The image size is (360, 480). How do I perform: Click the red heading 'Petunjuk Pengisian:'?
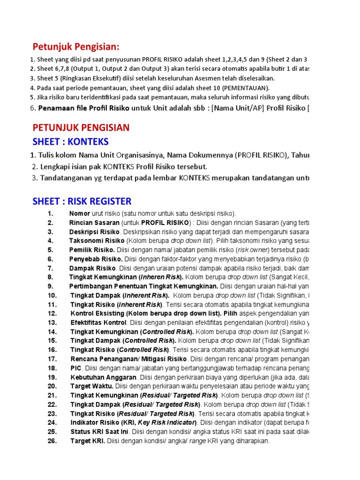point(76,47)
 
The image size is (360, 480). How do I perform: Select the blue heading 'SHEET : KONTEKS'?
point(71,142)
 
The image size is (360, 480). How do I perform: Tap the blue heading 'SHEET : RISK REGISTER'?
point(82,202)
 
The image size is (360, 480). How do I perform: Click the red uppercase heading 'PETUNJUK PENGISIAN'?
point(81,128)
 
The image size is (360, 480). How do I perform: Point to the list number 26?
point(52,441)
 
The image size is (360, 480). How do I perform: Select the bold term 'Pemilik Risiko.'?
point(92,250)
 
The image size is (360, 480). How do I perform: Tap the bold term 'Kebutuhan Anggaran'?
point(103,377)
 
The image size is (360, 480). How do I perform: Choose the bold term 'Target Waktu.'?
point(92,386)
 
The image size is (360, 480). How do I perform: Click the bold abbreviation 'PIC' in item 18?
point(76,368)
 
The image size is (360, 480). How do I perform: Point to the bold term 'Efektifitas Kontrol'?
point(99,322)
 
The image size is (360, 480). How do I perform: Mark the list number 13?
point(52,322)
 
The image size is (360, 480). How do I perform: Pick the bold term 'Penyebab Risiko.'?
point(96,259)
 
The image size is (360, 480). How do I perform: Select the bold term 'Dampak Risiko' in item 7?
point(92,268)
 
